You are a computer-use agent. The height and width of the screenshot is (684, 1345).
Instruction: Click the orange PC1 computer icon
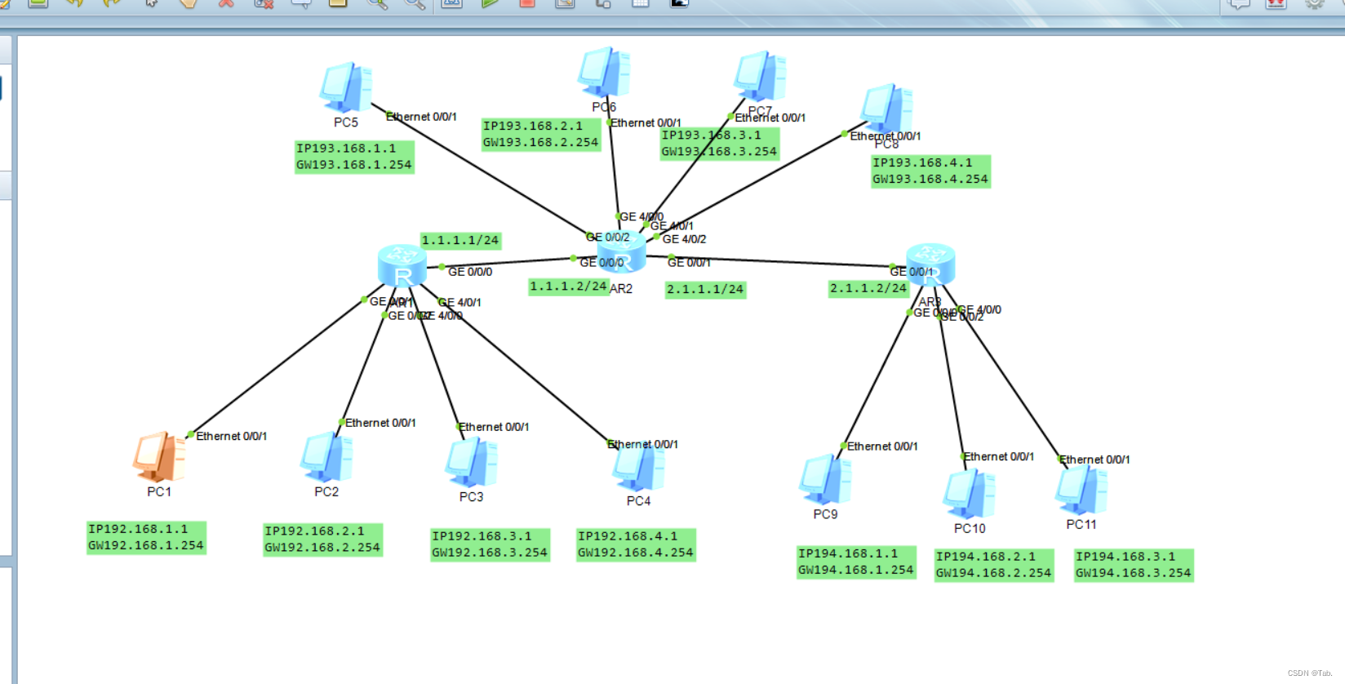(159, 456)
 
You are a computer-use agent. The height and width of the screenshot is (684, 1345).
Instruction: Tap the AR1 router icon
(402, 265)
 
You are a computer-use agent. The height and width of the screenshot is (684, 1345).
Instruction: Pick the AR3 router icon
(930, 264)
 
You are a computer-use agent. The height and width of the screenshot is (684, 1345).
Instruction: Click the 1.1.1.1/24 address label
(460, 241)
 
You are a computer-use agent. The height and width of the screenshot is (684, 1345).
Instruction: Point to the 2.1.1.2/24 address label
(868, 289)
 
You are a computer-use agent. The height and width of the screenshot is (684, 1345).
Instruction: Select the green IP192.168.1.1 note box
(146, 538)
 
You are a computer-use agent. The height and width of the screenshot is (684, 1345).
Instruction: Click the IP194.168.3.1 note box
(1134, 565)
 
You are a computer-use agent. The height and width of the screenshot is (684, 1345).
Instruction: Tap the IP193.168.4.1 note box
(930, 171)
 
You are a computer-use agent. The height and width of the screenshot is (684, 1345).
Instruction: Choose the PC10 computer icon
(969, 494)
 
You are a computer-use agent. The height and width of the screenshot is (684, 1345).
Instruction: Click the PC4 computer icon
(638, 467)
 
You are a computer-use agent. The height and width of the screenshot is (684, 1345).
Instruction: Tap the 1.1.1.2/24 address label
(568, 286)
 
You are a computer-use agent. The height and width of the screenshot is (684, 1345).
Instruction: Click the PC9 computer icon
(825, 480)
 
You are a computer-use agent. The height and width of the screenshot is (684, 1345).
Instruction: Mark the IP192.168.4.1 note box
(636, 544)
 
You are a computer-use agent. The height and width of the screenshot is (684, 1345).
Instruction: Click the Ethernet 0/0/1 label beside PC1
(231, 437)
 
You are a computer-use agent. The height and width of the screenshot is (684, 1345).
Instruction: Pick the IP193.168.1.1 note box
(354, 157)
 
